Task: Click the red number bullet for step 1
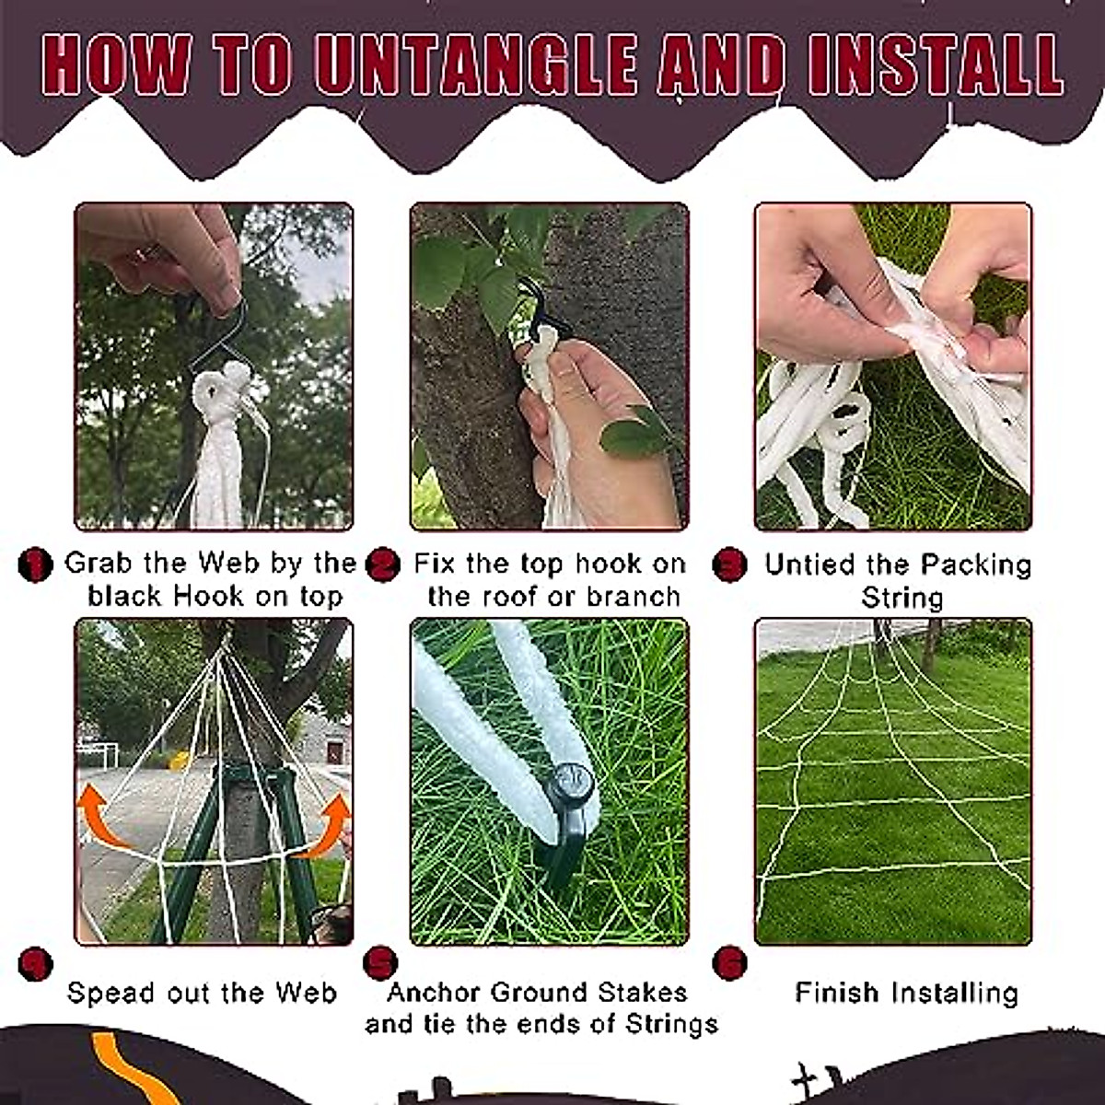click(x=35, y=564)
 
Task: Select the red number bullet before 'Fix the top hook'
click(x=382, y=564)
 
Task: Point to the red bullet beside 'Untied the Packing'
click(x=729, y=564)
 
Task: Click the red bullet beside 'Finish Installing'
click(x=729, y=963)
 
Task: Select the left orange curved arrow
click(x=101, y=815)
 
